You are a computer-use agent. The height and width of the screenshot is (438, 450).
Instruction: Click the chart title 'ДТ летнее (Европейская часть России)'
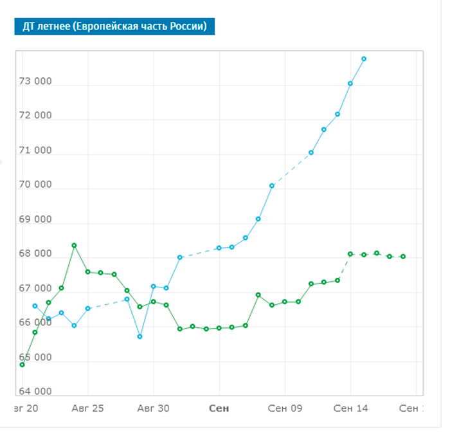click(x=114, y=26)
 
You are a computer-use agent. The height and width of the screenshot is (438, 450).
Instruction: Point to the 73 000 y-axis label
click(x=35, y=82)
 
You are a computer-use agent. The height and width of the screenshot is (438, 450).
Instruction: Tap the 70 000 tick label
click(x=35, y=185)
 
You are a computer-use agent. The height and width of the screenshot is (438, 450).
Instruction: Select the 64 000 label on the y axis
click(x=35, y=392)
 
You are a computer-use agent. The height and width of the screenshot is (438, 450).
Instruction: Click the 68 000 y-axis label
click(x=35, y=254)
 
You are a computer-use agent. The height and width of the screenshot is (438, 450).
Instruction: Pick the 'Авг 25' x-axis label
click(x=88, y=408)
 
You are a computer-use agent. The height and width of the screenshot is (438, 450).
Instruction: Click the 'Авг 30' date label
click(x=154, y=408)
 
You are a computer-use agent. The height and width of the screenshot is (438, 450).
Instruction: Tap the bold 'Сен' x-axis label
click(x=219, y=408)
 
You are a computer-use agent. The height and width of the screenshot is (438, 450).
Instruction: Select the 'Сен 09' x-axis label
click(x=285, y=408)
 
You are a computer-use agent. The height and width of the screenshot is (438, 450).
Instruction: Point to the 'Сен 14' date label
click(x=350, y=408)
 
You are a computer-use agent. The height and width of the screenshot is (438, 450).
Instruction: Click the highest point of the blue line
click(x=364, y=59)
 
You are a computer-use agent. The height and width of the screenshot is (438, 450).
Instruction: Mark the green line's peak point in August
click(x=75, y=245)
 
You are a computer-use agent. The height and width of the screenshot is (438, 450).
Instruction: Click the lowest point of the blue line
click(x=140, y=336)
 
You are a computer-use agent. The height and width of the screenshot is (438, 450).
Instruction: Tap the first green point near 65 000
click(x=22, y=365)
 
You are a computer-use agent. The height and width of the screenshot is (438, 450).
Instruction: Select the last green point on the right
click(x=403, y=257)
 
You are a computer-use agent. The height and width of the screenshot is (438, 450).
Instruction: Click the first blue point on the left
click(x=35, y=306)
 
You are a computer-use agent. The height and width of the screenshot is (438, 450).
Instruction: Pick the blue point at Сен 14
click(x=350, y=84)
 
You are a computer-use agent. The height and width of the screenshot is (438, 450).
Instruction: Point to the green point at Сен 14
click(x=350, y=254)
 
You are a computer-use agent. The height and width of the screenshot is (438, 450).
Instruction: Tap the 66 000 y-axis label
click(x=35, y=323)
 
